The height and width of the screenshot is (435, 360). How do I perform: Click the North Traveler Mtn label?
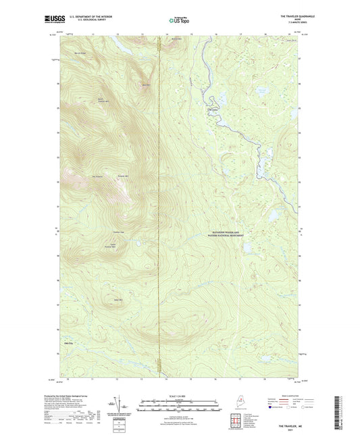click(x=101, y=101)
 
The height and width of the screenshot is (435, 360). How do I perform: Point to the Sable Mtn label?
click(x=118, y=299)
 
